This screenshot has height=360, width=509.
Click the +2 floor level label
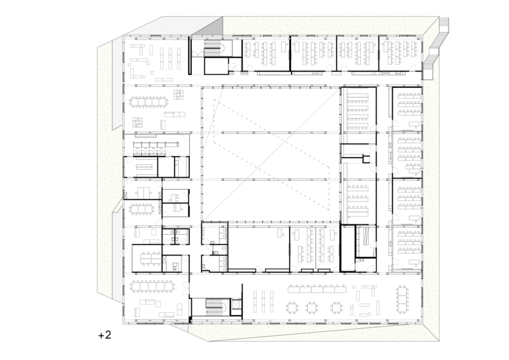point(104,335)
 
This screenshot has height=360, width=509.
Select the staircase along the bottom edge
point(215,307)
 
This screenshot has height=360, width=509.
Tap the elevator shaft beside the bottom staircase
point(236,305)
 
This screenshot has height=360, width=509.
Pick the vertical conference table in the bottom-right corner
point(403,300)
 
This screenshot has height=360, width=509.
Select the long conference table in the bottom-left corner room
point(153,287)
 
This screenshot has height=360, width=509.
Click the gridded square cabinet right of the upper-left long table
point(179,95)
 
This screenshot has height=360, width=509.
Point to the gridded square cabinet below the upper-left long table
point(138,123)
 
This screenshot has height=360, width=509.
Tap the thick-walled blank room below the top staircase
point(216,66)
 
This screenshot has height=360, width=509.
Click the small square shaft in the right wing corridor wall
point(366,159)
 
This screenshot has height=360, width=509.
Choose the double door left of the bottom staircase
point(186,288)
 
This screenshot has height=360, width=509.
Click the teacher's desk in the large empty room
point(279,232)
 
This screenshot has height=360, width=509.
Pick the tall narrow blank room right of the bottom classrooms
point(348,248)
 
